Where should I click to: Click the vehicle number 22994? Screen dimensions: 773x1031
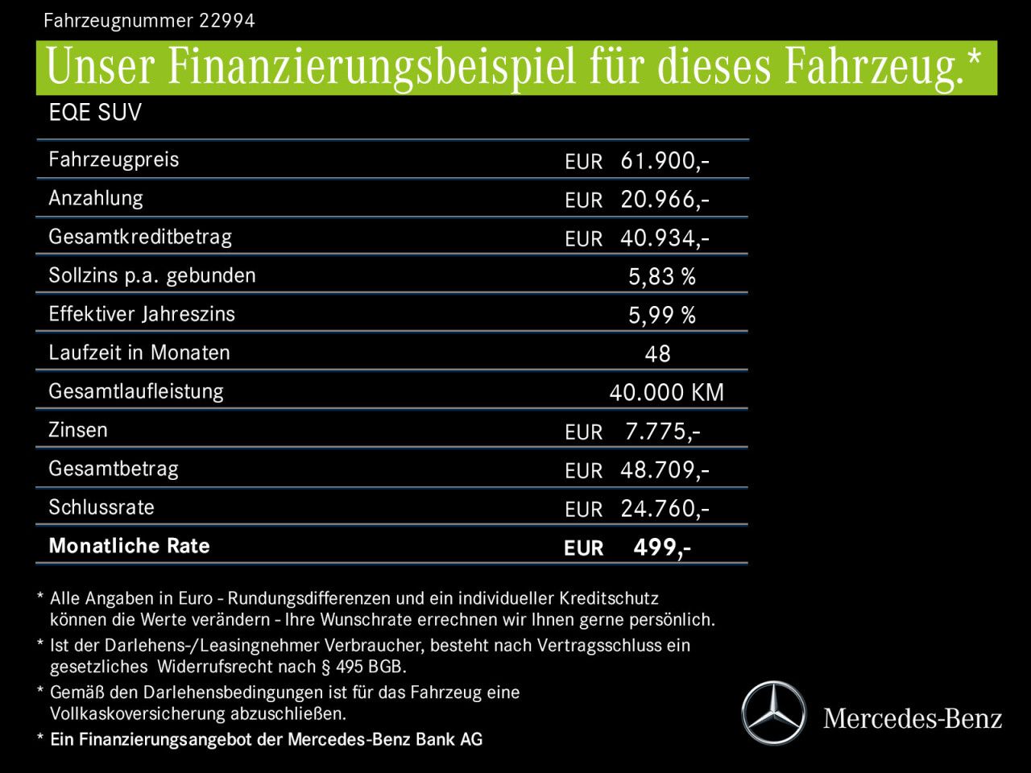(x=227, y=21)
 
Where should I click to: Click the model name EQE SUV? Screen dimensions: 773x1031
(x=95, y=113)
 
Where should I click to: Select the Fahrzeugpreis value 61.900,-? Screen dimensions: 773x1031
(x=665, y=161)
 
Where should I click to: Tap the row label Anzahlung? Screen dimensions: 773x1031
(x=96, y=198)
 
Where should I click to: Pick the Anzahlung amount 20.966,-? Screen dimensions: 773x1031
(x=665, y=200)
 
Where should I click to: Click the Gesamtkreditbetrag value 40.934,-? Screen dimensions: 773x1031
(x=665, y=238)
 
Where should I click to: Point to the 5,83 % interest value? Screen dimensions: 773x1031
(x=661, y=277)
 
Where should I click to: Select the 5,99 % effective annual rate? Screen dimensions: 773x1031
(x=661, y=316)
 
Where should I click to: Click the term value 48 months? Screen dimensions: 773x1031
(x=657, y=354)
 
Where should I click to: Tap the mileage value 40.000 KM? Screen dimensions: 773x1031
(x=666, y=393)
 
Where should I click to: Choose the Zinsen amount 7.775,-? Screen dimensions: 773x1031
(x=662, y=432)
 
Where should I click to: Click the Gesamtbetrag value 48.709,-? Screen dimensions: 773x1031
(x=665, y=470)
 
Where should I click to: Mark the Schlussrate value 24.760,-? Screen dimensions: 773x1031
(x=665, y=509)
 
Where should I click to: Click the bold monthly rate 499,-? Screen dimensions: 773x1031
(x=661, y=548)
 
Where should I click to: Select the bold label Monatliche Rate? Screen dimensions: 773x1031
(x=130, y=546)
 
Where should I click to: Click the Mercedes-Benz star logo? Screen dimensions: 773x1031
(x=773, y=713)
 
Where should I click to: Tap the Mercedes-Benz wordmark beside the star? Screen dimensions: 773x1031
(x=913, y=718)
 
